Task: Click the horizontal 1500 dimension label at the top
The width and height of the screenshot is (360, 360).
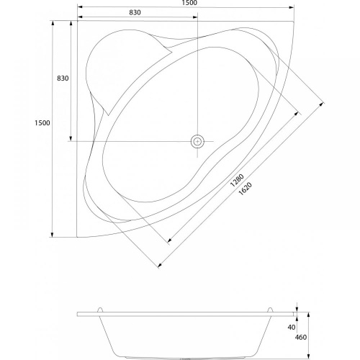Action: click(x=189, y=3)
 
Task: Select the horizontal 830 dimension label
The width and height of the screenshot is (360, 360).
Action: click(x=135, y=12)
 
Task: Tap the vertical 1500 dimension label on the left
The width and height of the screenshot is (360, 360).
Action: click(x=42, y=123)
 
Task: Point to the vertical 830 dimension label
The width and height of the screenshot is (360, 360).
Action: click(x=63, y=78)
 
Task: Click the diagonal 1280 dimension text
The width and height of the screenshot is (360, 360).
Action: click(x=237, y=180)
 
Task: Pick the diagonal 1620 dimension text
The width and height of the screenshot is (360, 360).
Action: click(x=246, y=189)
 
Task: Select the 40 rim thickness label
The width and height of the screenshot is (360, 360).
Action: click(x=292, y=327)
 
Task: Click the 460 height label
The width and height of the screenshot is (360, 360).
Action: click(x=301, y=337)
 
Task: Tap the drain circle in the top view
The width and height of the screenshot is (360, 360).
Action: click(x=197, y=141)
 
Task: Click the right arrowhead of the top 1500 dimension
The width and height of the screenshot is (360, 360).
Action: click(x=292, y=7)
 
